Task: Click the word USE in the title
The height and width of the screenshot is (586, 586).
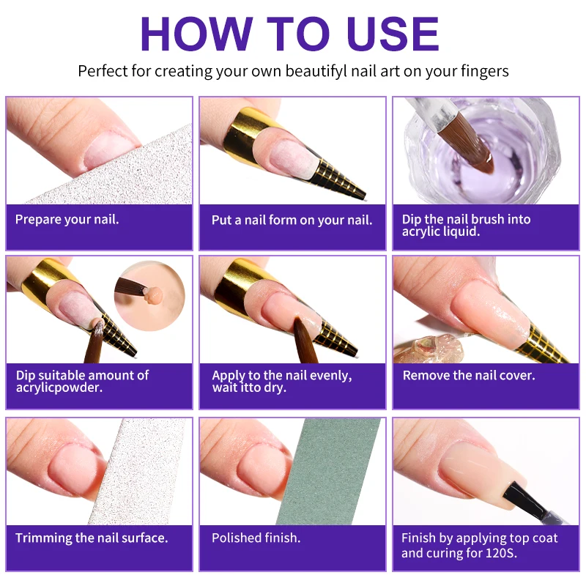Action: pyautogui.click(x=393, y=34)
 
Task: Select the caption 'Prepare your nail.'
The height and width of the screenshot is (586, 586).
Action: pyautogui.click(x=67, y=219)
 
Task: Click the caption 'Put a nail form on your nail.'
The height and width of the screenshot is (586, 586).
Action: pyautogui.click(x=292, y=220)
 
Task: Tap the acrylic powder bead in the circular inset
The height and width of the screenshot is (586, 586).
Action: pyautogui.click(x=155, y=295)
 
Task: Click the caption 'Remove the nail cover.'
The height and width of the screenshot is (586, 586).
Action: pyautogui.click(x=469, y=375)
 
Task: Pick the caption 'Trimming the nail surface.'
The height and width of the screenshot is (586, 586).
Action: pyautogui.click(x=92, y=538)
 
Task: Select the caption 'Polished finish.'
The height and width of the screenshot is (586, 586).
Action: pyautogui.click(x=256, y=538)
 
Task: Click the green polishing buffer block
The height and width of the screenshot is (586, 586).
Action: pyautogui.click(x=329, y=472)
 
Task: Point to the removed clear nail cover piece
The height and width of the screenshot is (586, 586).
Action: pyautogui.click(x=430, y=349)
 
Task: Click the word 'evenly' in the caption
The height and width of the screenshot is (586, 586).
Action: pyautogui.click(x=331, y=376)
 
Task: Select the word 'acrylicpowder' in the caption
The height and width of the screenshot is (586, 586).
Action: pyautogui.click(x=59, y=388)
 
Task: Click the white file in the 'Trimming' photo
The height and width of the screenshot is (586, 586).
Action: pyautogui.click(x=140, y=472)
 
